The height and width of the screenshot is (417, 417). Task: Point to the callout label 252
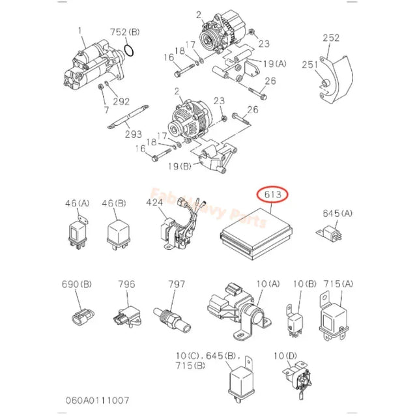[x=332, y=38]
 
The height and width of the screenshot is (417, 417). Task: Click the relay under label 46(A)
[x=76, y=232]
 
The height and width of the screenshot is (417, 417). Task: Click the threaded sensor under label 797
[x=172, y=317]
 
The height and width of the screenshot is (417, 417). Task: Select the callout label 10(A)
[x=250, y=284]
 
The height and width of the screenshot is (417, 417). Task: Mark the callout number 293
[x=134, y=134]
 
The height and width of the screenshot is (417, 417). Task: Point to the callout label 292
[x=122, y=102]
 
